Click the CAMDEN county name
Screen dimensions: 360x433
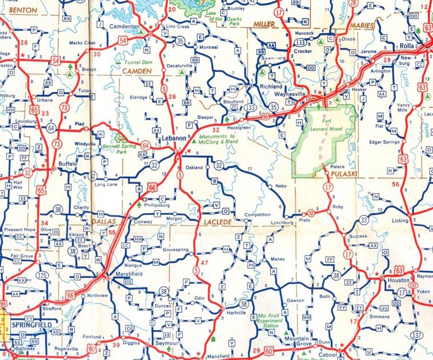point(137,70)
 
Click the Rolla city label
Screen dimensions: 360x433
point(407,46)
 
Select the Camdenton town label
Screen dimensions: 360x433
point(125,27)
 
